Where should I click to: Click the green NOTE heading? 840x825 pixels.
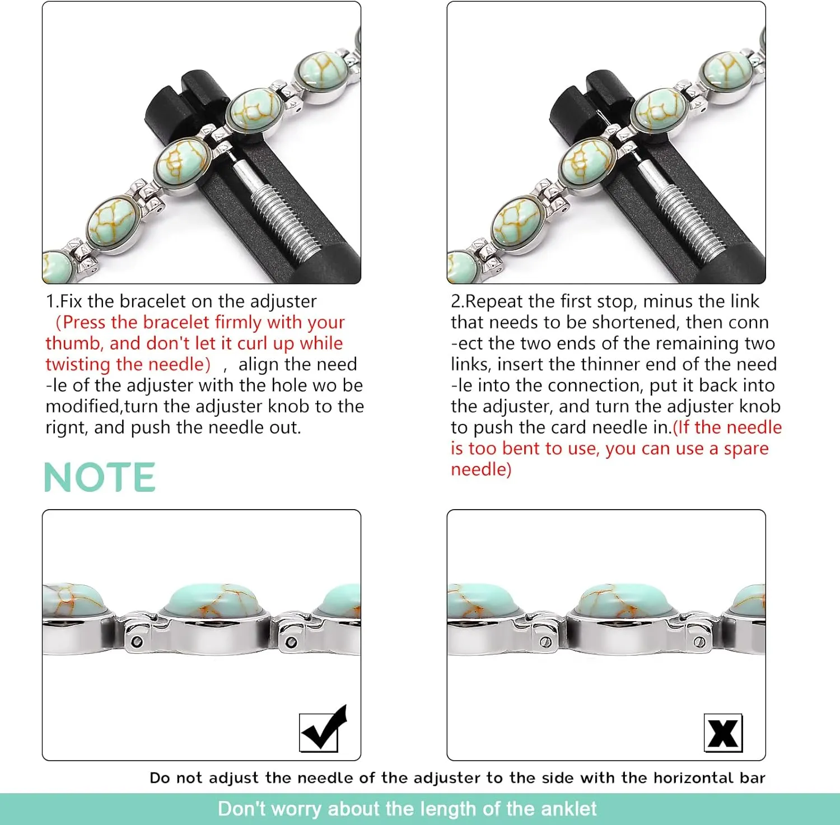coord(100,478)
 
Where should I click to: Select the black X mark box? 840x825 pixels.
coord(723,733)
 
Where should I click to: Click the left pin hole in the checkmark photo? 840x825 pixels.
coord(136,642)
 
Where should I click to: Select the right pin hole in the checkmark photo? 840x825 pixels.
coord(291,642)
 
